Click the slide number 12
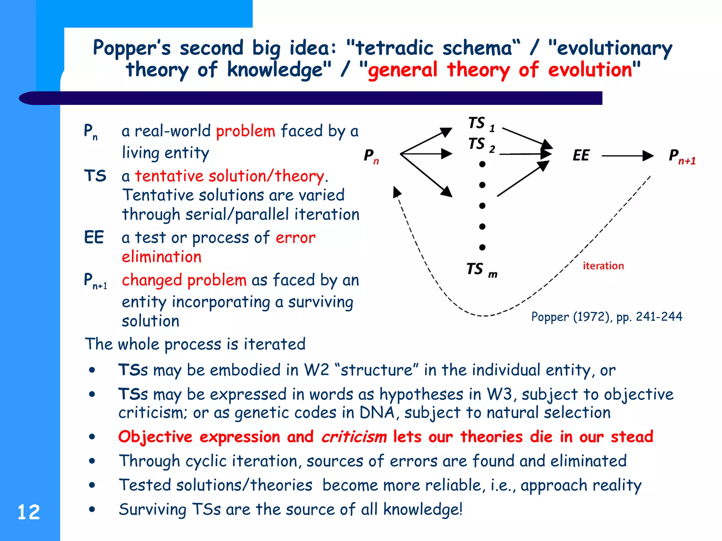[x=29, y=512]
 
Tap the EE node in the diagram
[x=581, y=155]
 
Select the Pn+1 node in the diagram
[x=682, y=156]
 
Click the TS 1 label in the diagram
[x=481, y=124]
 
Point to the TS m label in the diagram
[x=482, y=270]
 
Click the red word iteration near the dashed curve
[x=603, y=266]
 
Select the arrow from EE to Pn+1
[x=627, y=155]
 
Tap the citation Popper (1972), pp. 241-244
[x=606, y=317]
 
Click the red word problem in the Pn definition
[x=245, y=131]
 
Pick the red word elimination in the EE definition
[x=161, y=257]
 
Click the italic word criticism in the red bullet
[x=354, y=437]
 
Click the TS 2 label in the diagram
[x=481, y=145]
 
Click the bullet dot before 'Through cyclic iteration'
[x=92, y=461]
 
